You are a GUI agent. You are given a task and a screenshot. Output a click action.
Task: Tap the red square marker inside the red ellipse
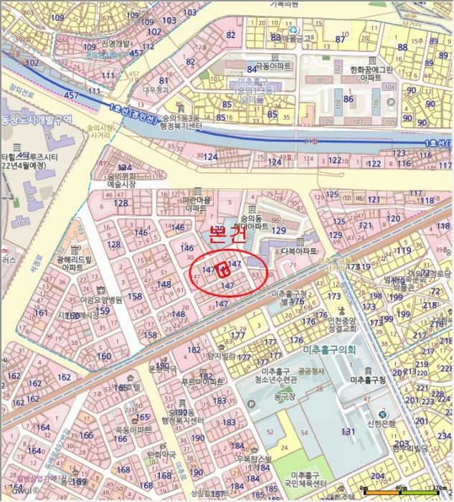point(223,270)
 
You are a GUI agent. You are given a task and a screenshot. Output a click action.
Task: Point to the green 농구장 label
point(285,394)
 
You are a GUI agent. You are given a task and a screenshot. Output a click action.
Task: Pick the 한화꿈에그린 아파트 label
point(371,73)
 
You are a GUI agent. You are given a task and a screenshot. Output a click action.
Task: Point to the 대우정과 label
point(154,91)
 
